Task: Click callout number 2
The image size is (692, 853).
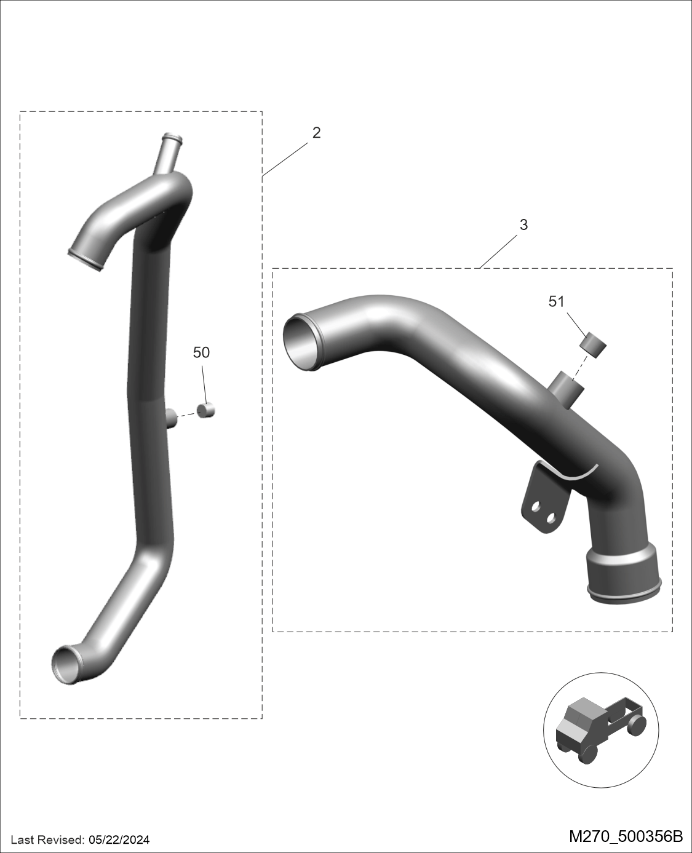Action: [x=316, y=133]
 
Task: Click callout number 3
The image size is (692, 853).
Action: [x=524, y=225]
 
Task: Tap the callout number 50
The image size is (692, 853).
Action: [x=201, y=352]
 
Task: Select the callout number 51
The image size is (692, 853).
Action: [x=556, y=301]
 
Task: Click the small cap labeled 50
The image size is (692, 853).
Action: [x=206, y=410]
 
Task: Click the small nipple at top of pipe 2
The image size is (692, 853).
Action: [x=170, y=154]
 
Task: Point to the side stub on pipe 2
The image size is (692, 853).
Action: [x=171, y=418]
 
